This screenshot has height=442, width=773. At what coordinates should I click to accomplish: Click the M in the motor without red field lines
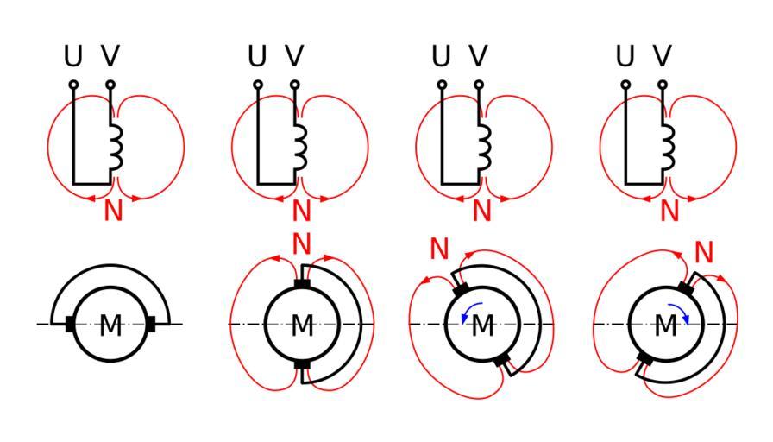click(111, 326)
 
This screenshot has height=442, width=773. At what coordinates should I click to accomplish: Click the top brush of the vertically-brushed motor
click(301, 284)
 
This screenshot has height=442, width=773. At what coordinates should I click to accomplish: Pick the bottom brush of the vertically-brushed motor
click(301, 365)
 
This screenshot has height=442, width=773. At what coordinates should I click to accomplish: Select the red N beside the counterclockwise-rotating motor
click(441, 250)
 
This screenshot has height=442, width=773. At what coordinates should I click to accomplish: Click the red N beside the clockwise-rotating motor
click(706, 252)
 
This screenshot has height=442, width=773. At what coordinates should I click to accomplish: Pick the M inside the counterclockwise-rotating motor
click(483, 326)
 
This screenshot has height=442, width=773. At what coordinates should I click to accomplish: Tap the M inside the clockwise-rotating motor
click(666, 326)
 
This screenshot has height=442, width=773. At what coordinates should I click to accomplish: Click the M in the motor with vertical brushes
click(301, 326)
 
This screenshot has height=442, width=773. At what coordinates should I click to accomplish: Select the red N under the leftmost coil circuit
click(113, 210)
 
